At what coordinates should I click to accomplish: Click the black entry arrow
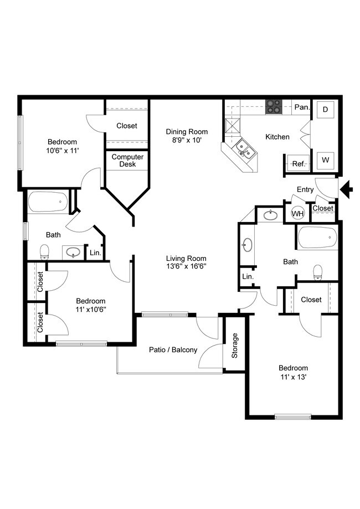pos(347,190)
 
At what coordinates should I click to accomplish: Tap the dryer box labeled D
pos(325,110)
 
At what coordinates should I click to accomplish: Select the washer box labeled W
pos(325,161)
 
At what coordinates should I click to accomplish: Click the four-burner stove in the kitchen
pos(273,106)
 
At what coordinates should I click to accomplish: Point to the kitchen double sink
pos(243,148)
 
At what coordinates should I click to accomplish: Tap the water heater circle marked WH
pos(297,213)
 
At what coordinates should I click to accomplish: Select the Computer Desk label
pos(127,161)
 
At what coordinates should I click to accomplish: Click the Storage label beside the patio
pos(235,345)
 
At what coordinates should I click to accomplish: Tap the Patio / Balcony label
pos(173,350)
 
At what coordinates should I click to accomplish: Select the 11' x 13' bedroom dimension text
pos(293,378)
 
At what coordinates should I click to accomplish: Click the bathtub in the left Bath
pos(48,203)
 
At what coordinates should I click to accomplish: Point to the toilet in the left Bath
pos(44,252)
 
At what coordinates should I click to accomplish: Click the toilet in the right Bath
pos(318,271)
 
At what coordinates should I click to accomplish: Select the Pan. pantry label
pos(301,107)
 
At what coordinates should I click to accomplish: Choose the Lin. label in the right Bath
pos(248,276)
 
